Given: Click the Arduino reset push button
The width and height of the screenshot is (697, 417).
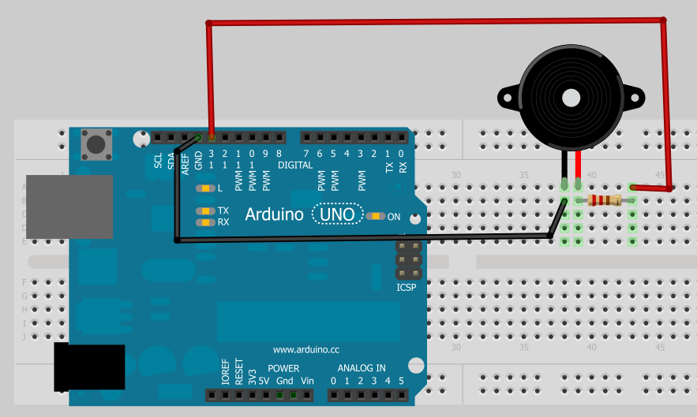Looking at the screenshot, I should tap(96, 144).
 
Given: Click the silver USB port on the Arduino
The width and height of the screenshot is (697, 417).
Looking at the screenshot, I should tap(69, 207).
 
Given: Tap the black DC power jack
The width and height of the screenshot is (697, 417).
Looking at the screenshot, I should tap(88, 367).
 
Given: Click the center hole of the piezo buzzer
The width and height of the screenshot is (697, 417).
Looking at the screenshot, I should tap(569, 97).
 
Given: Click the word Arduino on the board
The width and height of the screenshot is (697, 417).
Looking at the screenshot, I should tap(274, 214).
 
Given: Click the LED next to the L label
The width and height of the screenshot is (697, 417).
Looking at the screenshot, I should tap(206, 188).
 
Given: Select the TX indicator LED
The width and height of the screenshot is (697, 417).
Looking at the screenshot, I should tap(206, 211).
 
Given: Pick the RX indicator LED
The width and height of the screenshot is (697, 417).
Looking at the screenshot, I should tap(206, 222).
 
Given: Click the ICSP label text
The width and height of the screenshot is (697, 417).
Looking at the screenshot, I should tap(406, 288).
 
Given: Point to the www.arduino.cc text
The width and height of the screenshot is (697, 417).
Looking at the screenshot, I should tap(305, 349).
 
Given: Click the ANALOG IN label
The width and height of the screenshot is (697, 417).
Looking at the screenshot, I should tap(362, 368).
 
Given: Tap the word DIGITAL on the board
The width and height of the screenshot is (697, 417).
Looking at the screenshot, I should tap(295, 165).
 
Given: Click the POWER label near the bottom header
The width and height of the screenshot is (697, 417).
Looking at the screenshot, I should tap(283, 368).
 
